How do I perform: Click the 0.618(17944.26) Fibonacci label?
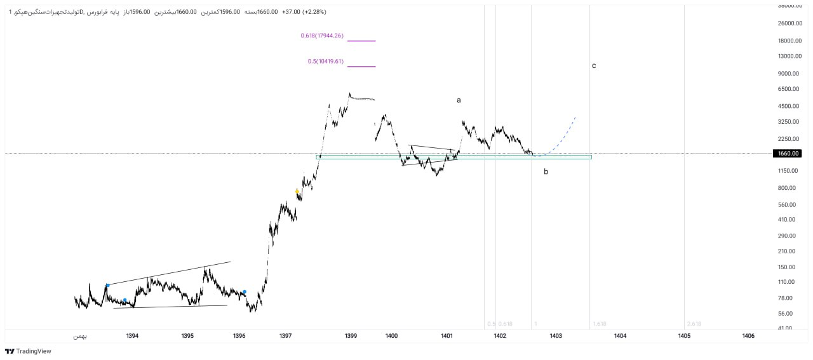322,36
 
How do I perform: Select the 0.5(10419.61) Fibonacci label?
325,62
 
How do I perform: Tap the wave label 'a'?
459,100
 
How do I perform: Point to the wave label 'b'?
546,171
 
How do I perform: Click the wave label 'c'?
594,65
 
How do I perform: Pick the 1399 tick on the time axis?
351,335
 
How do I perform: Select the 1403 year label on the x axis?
556,335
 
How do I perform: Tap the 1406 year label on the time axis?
748,335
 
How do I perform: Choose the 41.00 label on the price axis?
785,329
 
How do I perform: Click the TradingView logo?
28,351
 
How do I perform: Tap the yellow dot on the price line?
297,191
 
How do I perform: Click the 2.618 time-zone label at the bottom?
694,324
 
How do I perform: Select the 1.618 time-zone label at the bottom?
599,324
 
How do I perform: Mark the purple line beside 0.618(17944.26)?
361,41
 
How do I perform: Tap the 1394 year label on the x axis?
132,335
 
